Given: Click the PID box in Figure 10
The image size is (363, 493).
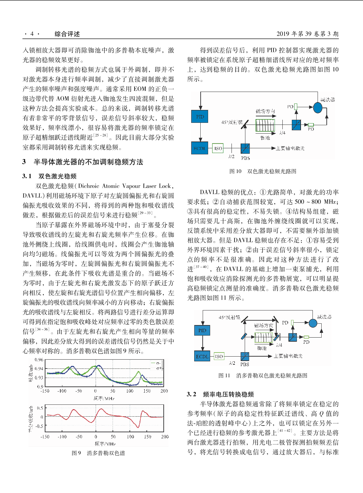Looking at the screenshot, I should [200, 117].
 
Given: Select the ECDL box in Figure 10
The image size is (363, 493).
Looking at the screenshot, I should [200, 148].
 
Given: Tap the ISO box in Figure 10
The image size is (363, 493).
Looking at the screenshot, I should [218, 148].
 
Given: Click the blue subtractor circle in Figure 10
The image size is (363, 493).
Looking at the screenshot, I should [318, 108].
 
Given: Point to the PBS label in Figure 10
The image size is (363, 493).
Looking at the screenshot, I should [245, 158].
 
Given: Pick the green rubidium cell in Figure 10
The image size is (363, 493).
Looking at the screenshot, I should [265, 125].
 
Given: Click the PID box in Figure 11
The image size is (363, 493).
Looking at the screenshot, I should [202, 330].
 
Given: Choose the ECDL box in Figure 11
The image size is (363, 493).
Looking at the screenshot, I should [202, 356].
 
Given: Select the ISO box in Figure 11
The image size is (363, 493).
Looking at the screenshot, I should [219, 356].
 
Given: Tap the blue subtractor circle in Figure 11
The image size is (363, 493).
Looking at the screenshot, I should [313, 323].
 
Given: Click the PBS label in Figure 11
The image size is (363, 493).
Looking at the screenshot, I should [245, 364].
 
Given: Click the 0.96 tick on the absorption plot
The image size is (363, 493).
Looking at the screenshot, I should [39, 360].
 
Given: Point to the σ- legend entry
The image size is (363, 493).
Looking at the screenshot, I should [157, 363].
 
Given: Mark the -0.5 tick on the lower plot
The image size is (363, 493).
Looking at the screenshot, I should [39, 426].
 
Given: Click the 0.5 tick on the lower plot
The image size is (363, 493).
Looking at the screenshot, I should [40, 408].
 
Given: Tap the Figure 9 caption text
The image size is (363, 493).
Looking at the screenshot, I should [98, 453].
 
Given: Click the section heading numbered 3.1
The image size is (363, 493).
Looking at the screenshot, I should [49, 176].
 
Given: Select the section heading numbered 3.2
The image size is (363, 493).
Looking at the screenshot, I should [220, 394].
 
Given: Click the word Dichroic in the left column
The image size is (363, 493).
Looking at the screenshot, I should [89, 186].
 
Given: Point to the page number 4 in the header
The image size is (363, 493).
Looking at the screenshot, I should [32, 34].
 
